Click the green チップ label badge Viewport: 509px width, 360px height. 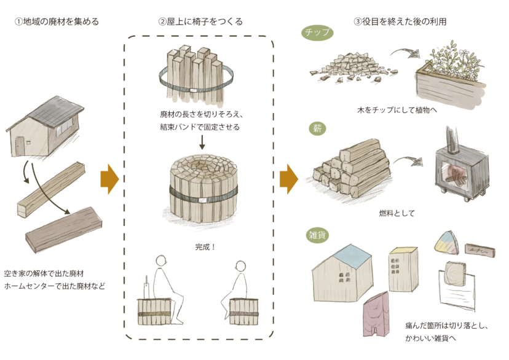point(317,33)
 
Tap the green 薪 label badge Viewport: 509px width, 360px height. point(317,128)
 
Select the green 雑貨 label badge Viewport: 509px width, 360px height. point(317,235)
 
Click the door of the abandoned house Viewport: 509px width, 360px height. point(20,146)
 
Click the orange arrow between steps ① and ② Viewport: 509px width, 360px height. point(110,179)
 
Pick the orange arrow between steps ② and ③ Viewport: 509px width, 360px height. point(289,179)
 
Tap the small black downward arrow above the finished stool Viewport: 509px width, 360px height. point(202,143)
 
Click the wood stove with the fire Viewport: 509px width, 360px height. point(462,169)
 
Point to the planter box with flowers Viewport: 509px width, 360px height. point(451,74)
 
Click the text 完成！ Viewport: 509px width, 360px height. point(205,247)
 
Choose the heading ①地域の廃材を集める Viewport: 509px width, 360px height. point(57,22)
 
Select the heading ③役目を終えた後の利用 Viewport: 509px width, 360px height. point(400,22)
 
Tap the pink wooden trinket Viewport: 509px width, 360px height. point(376,314)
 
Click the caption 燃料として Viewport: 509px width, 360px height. point(397,213)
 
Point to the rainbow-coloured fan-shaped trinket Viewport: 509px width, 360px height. point(447,242)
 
